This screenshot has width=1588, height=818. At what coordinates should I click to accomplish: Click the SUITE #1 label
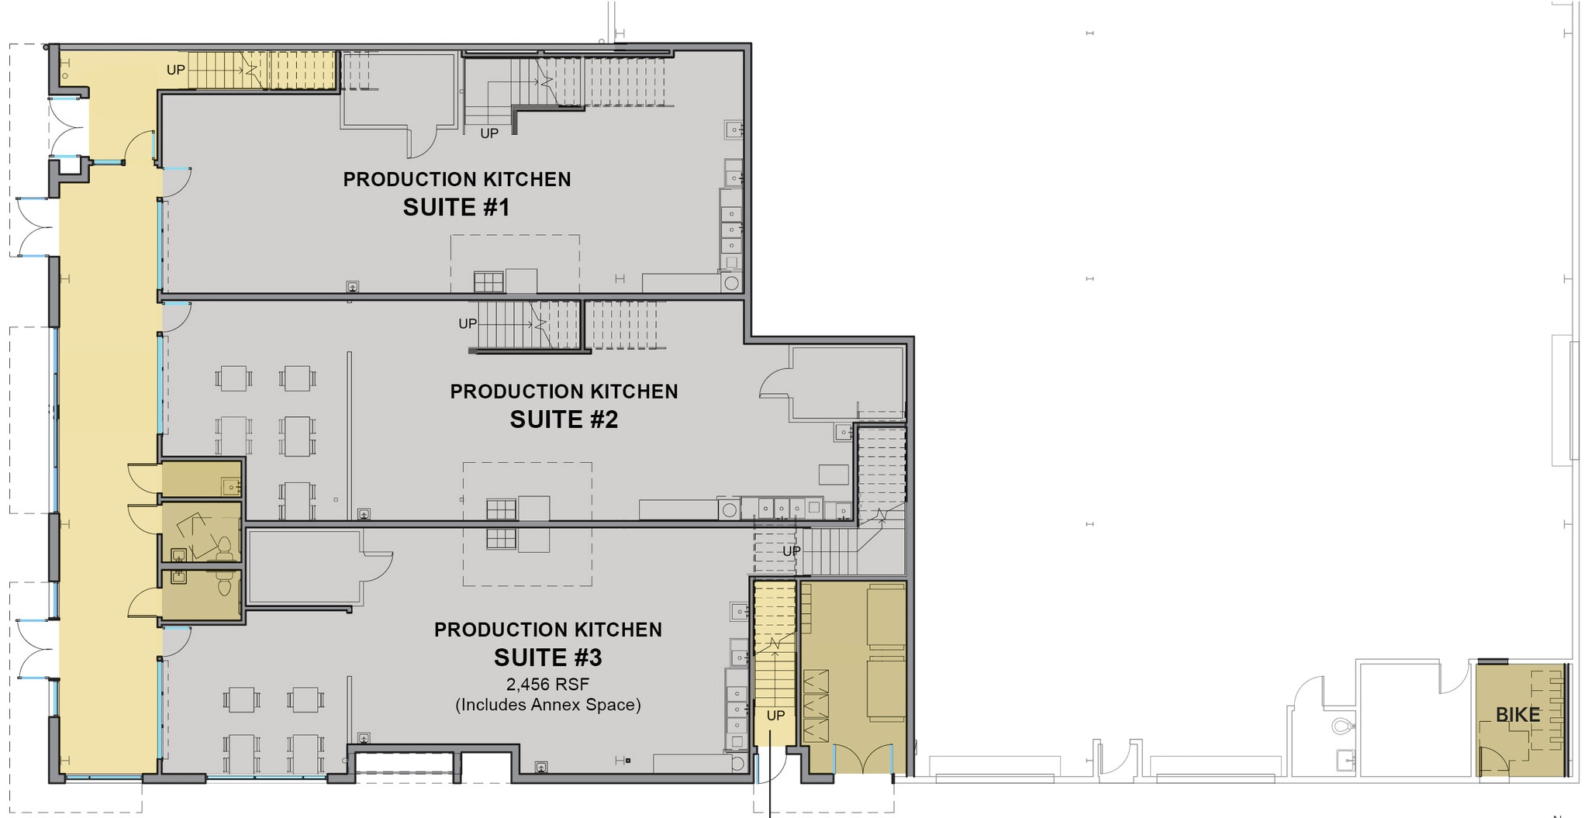[456, 208]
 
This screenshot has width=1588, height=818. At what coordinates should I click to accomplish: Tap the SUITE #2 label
[564, 419]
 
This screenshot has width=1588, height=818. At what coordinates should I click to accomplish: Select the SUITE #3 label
[548, 658]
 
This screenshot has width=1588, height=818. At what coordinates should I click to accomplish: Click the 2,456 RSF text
[547, 685]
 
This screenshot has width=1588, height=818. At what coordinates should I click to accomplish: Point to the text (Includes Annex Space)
[547, 705]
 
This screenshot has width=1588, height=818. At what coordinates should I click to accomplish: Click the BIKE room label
[1517, 715]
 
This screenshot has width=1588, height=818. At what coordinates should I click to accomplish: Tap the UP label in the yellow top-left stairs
[176, 70]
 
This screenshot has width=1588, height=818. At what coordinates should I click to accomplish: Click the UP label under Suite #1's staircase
[489, 133]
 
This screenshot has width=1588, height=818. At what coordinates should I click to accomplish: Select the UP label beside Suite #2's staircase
[468, 323]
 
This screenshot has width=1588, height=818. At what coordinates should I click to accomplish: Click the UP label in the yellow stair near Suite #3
[775, 716]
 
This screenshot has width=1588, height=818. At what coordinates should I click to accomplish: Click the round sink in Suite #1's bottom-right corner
[731, 282]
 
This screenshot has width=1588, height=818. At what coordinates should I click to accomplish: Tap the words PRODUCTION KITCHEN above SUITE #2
[564, 392]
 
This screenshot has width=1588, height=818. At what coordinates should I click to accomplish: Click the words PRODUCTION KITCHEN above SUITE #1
[457, 179]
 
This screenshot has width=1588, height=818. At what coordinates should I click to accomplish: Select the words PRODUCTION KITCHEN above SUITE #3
[547, 630]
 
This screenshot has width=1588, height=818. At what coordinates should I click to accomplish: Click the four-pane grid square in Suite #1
[488, 281]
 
